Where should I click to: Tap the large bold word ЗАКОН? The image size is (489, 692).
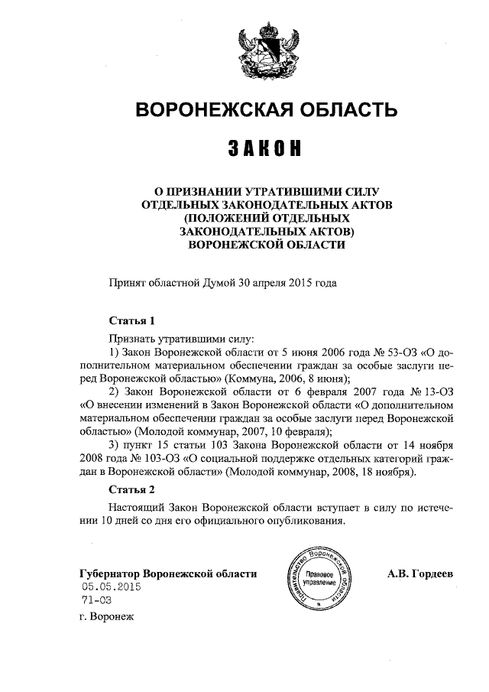pyautogui.click(x=266, y=148)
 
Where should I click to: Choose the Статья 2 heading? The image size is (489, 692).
pyautogui.click(x=132, y=489)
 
